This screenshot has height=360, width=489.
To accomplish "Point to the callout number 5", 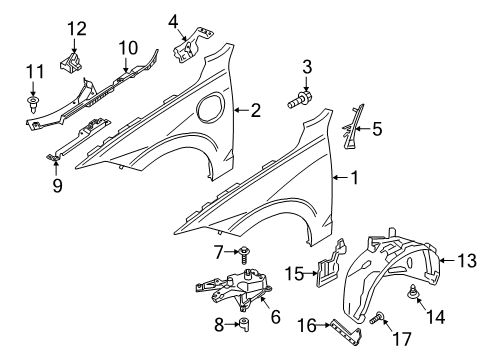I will click(x=377, y=127).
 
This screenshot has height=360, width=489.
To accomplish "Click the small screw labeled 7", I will click(x=245, y=251).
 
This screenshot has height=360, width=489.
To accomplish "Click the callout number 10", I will click(x=128, y=47).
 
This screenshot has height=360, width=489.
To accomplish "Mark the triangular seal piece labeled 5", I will click(x=350, y=125).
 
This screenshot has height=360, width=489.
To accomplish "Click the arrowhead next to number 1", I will click(x=336, y=179).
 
